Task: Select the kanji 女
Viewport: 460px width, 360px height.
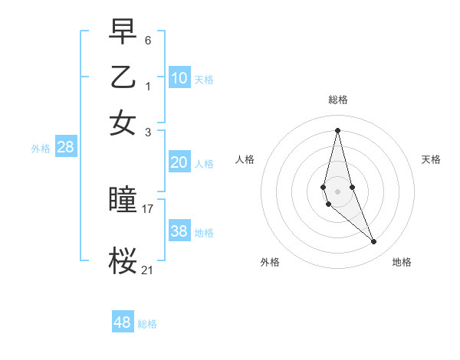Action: (x=123, y=123)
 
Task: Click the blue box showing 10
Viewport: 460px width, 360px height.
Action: (x=179, y=78)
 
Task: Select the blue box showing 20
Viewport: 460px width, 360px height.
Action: (x=179, y=162)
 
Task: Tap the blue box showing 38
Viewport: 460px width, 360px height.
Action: (x=179, y=231)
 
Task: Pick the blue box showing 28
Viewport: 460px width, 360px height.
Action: (x=65, y=148)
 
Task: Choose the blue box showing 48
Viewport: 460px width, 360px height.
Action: (x=123, y=322)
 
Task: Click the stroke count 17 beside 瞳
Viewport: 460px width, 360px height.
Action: (x=147, y=208)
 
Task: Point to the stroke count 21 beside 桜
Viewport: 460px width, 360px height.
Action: (x=147, y=270)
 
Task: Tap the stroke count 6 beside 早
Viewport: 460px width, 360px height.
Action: (x=147, y=39)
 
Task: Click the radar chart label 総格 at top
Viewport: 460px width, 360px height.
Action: (x=337, y=100)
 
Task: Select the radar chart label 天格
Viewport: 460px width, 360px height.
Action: (x=431, y=159)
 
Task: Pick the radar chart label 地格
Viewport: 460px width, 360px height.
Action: (x=402, y=262)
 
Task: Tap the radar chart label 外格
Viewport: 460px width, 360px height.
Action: (x=270, y=262)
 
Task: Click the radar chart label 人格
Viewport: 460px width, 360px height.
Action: (x=245, y=159)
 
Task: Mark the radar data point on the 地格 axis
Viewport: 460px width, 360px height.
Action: (x=374, y=242)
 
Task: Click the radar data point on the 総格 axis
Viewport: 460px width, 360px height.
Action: (x=337, y=129)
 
